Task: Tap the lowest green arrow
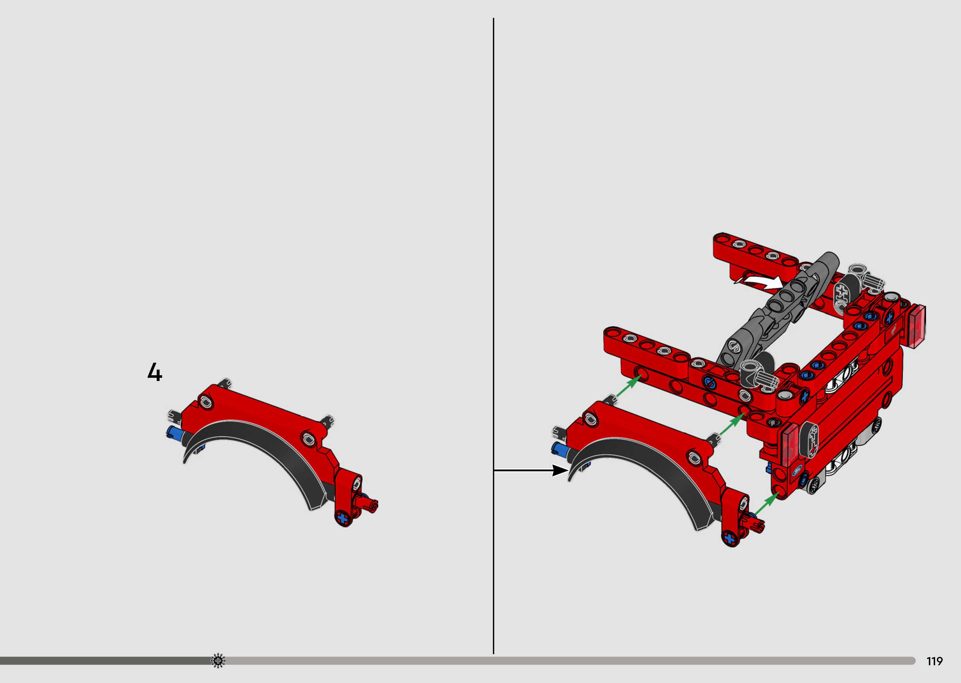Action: (x=767, y=505)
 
